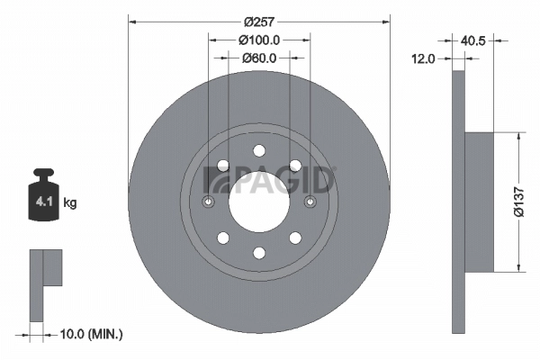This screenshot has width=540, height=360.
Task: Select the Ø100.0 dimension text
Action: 260,40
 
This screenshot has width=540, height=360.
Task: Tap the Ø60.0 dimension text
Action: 259,58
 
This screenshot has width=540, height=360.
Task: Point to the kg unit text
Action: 70,203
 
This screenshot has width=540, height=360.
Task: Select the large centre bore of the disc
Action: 258,201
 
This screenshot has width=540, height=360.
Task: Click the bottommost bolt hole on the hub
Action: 258,253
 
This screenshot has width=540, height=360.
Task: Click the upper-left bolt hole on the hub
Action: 222,165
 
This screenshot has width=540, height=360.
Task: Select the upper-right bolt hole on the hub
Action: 294,165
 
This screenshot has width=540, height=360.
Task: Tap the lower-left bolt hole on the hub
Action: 222,238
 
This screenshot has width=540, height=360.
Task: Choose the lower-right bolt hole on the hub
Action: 294,238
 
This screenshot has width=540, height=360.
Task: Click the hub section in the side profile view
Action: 481,201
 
